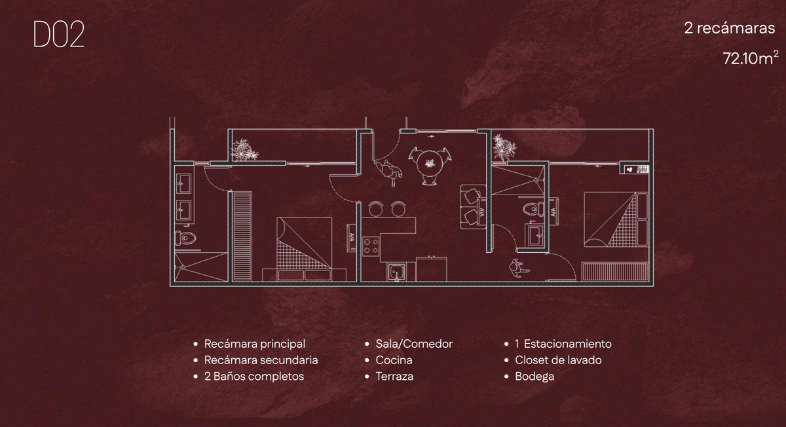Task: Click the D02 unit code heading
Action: point(59,36)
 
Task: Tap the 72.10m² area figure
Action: point(750,58)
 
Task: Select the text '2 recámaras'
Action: point(730,29)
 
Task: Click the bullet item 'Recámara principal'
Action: point(254,344)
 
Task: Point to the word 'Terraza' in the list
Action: point(394,377)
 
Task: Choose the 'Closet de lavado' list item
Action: point(558,360)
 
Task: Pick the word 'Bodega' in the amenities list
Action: point(534,377)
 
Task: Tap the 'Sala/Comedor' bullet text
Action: point(414,344)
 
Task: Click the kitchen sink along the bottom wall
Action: point(397,271)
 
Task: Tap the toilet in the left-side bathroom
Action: point(186,238)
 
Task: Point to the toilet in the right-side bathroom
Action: point(532,210)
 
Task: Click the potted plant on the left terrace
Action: point(245,150)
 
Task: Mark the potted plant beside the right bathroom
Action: point(503,147)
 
